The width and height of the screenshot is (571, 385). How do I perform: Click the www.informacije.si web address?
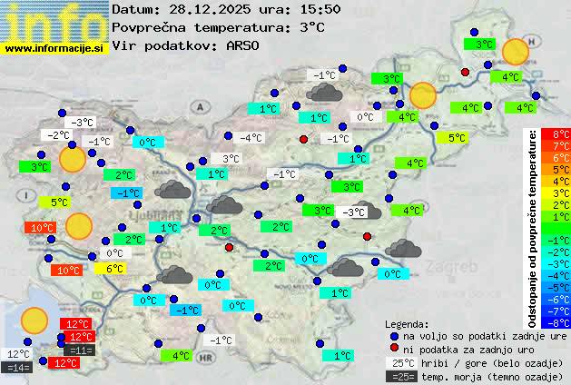54,47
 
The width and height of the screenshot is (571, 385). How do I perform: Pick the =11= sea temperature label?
80,350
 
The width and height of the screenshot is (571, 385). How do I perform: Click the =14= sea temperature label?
17,367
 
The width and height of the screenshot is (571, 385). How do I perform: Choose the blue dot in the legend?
394,335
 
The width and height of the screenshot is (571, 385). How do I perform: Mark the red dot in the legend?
394,349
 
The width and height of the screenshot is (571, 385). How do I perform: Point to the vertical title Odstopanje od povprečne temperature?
534,227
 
